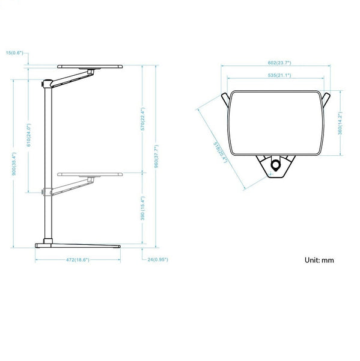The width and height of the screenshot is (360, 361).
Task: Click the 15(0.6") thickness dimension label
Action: coord(14,53)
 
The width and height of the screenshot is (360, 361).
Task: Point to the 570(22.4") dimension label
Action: coord(142,119)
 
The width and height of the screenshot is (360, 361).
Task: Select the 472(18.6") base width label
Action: coord(78,260)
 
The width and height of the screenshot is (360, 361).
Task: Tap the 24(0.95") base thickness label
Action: coord(157,260)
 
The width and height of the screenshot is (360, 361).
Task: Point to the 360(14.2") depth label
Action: coord(340,123)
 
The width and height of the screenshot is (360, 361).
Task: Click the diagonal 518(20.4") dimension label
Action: coord(220,150)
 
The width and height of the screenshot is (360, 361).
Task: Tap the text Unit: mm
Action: coord(319,261)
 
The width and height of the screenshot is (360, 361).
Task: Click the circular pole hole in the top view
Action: coord(276,165)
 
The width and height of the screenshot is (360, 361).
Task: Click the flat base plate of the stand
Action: coord(78,245)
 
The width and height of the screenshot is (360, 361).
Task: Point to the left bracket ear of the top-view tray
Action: coord(225,98)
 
